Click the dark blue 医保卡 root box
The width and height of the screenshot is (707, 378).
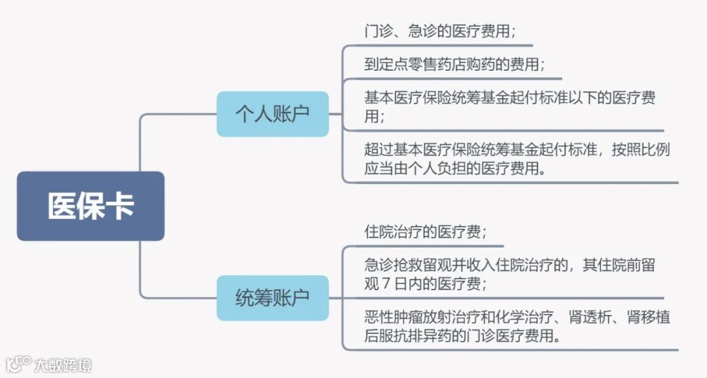pyautogui.click(x=90, y=206)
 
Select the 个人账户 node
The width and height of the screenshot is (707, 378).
pyautogui.click(x=272, y=114)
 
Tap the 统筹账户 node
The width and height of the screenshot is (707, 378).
pyautogui.click(x=272, y=298)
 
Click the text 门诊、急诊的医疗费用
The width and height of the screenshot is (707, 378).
pyautogui.click(x=439, y=31)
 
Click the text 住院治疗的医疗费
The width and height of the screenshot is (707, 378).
pyautogui.click(x=425, y=232)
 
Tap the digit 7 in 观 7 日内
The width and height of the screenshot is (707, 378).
pyautogui.click(x=386, y=284)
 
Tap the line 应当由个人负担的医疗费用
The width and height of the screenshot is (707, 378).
pyautogui.click(x=456, y=168)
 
